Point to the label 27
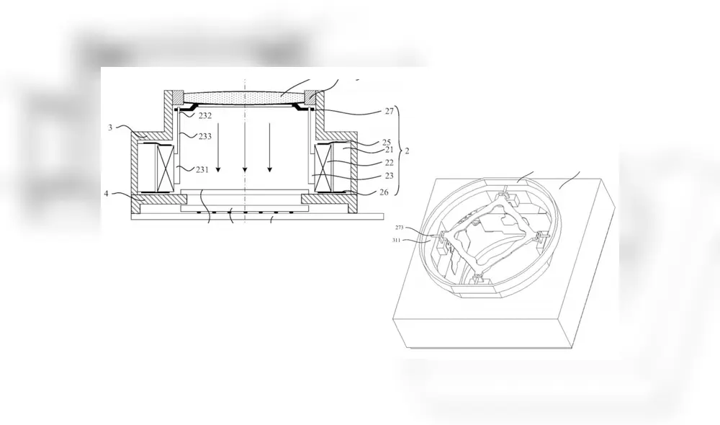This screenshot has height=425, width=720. pyautogui.click(x=390, y=111)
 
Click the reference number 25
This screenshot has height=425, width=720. pyautogui.click(x=386, y=142)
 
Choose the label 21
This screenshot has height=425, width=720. pyautogui.click(x=387, y=150)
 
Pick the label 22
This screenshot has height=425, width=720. pyautogui.click(x=389, y=163)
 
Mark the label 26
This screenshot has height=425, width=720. pyautogui.click(x=386, y=192)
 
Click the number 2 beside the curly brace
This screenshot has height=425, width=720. pyautogui.click(x=408, y=152)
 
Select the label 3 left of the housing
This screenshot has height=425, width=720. pyautogui.click(x=110, y=127)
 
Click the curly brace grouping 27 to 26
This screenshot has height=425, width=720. pyautogui.click(x=400, y=152)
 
